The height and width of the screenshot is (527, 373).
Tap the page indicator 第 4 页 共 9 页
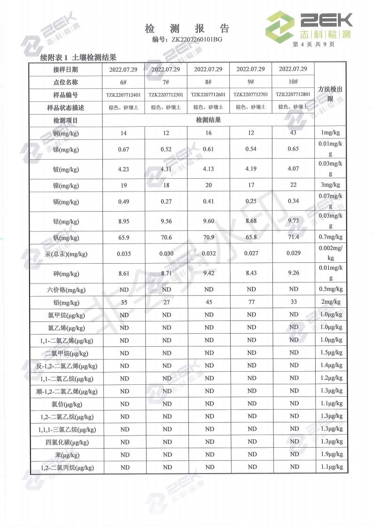[313, 45]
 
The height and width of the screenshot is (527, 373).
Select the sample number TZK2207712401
[124, 95]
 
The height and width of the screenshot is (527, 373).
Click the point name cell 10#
[293, 82]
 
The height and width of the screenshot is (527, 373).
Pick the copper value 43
[293, 133]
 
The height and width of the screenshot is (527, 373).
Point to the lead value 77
[251, 302]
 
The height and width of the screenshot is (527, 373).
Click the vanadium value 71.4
[293, 238]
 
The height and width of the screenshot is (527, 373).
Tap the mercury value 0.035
[124, 253]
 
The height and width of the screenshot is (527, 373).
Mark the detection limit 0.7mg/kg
[330, 238]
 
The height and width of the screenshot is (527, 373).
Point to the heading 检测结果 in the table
[208, 120]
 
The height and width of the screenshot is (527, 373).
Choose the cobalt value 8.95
[124, 220]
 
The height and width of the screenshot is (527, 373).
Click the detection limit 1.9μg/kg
[330, 454]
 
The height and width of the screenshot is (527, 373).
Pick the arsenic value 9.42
[209, 273]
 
